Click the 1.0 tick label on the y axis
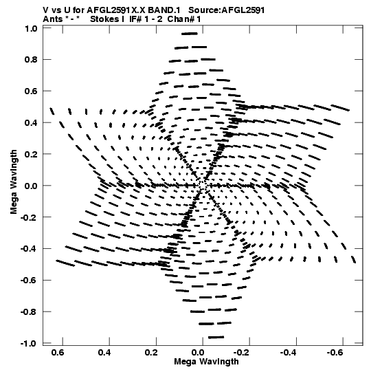pyautogui.click(x=31, y=29)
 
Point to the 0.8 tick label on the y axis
pyautogui.click(x=31, y=60)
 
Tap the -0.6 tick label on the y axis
pyautogui.click(x=29, y=280)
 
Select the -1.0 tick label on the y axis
pyautogui.click(x=29, y=343)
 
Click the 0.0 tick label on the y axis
pyautogui.click(x=31, y=186)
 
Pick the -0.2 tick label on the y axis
pyautogui.click(x=29, y=217)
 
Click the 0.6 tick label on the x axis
pyautogui.click(x=58, y=353)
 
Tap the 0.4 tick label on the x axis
pyautogui.click(x=104, y=353)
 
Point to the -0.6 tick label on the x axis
pyautogui.click(x=335, y=353)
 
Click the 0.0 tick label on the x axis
pyautogui.click(x=198, y=353)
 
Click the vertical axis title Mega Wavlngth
pyautogui.click(x=14, y=182)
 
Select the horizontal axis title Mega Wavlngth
pyautogui.click(x=206, y=362)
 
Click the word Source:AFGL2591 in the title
pyautogui.click(x=227, y=10)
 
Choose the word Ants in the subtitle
pyautogui.click(x=53, y=19)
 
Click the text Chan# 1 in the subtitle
pyautogui.click(x=184, y=19)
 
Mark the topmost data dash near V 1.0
pyautogui.click(x=190, y=34)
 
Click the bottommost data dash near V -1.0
pyautogui.click(x=216, y=337)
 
